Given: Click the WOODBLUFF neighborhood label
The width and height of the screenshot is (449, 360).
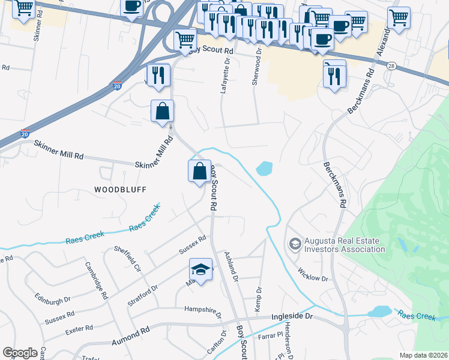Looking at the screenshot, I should point(120,189).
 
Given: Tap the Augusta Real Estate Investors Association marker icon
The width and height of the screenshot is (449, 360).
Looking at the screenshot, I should point(295,244).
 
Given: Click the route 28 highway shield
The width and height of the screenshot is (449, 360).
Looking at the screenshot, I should point(391,67).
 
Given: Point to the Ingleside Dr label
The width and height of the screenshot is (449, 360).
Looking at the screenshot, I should point(292,316).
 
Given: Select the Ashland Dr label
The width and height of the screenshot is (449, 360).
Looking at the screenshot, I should point(231,266).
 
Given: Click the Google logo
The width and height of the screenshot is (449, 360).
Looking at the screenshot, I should point(20,353).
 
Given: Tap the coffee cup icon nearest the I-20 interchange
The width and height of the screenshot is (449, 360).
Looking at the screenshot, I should point(131,7).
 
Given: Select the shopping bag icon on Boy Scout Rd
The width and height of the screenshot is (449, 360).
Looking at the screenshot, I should point(199,172).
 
